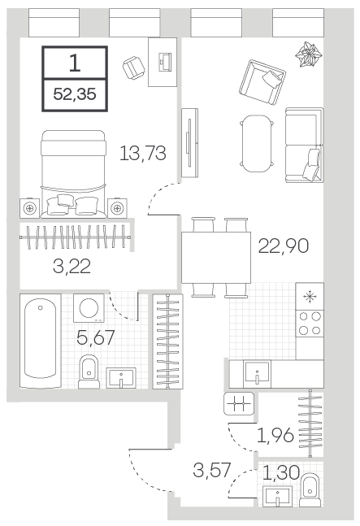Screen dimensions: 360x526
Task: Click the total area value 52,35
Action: [x=75, y=94]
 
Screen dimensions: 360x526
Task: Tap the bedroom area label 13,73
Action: [x=143, y=154]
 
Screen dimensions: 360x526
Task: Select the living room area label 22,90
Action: [x=284, y=246]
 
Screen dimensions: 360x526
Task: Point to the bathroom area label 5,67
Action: [x=96, y=337]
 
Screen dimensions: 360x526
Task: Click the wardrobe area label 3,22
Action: [x=72, y=267]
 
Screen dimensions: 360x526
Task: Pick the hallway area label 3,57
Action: [x=212, y=470]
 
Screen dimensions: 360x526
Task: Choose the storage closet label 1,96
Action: [x=275, y=436]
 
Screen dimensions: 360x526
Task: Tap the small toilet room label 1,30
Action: [x=280, y=472]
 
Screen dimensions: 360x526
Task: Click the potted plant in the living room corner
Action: [x=308, y=54]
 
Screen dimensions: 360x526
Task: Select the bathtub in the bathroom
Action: [x=41, y=341]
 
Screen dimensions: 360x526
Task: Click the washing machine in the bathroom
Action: [x=89, y=308]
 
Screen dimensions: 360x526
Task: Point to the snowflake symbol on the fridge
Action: [x=310, y=296]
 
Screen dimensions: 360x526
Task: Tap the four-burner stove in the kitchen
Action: [x=310, y=324]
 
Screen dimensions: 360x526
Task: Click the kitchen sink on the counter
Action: [x=257, y=372]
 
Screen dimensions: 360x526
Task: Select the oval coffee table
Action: [x=257, y=144]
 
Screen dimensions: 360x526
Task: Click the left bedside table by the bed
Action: [x=29, y=209]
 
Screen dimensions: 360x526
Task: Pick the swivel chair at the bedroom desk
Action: [x=134, y=68]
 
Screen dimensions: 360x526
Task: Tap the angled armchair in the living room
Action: [x=262, y=83]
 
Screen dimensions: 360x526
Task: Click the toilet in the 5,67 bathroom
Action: [x=89, y=372]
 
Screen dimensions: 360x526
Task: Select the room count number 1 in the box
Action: [x=75, y=63]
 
